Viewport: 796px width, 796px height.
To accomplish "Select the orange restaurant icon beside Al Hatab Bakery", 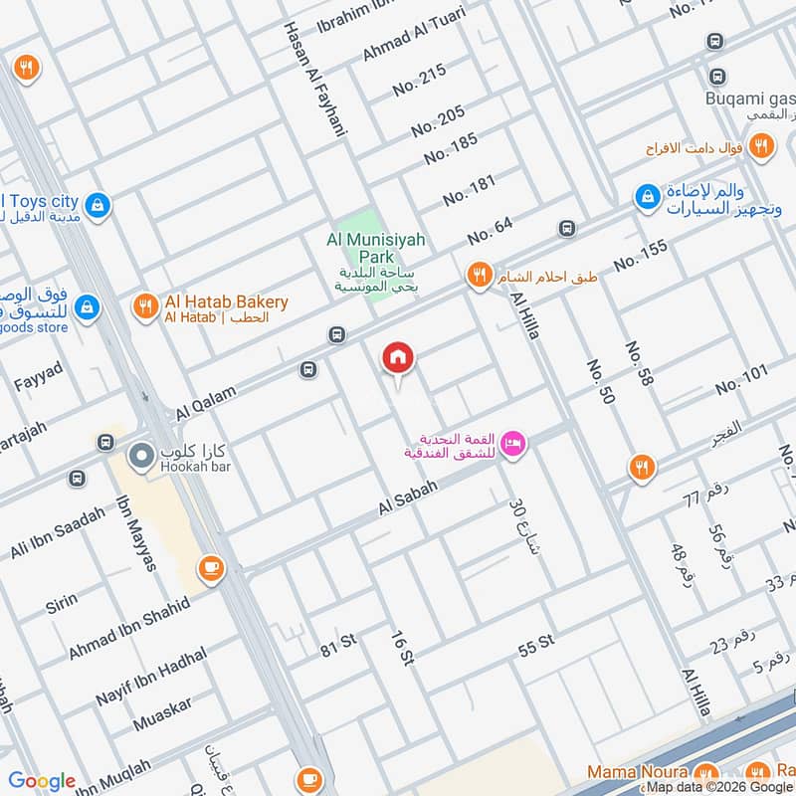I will [145, 307].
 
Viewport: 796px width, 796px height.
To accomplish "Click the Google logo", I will [42, 781].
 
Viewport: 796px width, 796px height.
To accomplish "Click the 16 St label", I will [401, 647].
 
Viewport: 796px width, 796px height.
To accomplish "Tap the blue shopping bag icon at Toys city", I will [97, 206].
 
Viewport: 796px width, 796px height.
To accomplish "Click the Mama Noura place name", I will [637, 772].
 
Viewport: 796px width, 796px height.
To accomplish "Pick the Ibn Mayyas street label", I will [136, 532].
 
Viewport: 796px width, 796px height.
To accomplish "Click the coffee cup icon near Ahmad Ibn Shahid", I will [211, 567].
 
